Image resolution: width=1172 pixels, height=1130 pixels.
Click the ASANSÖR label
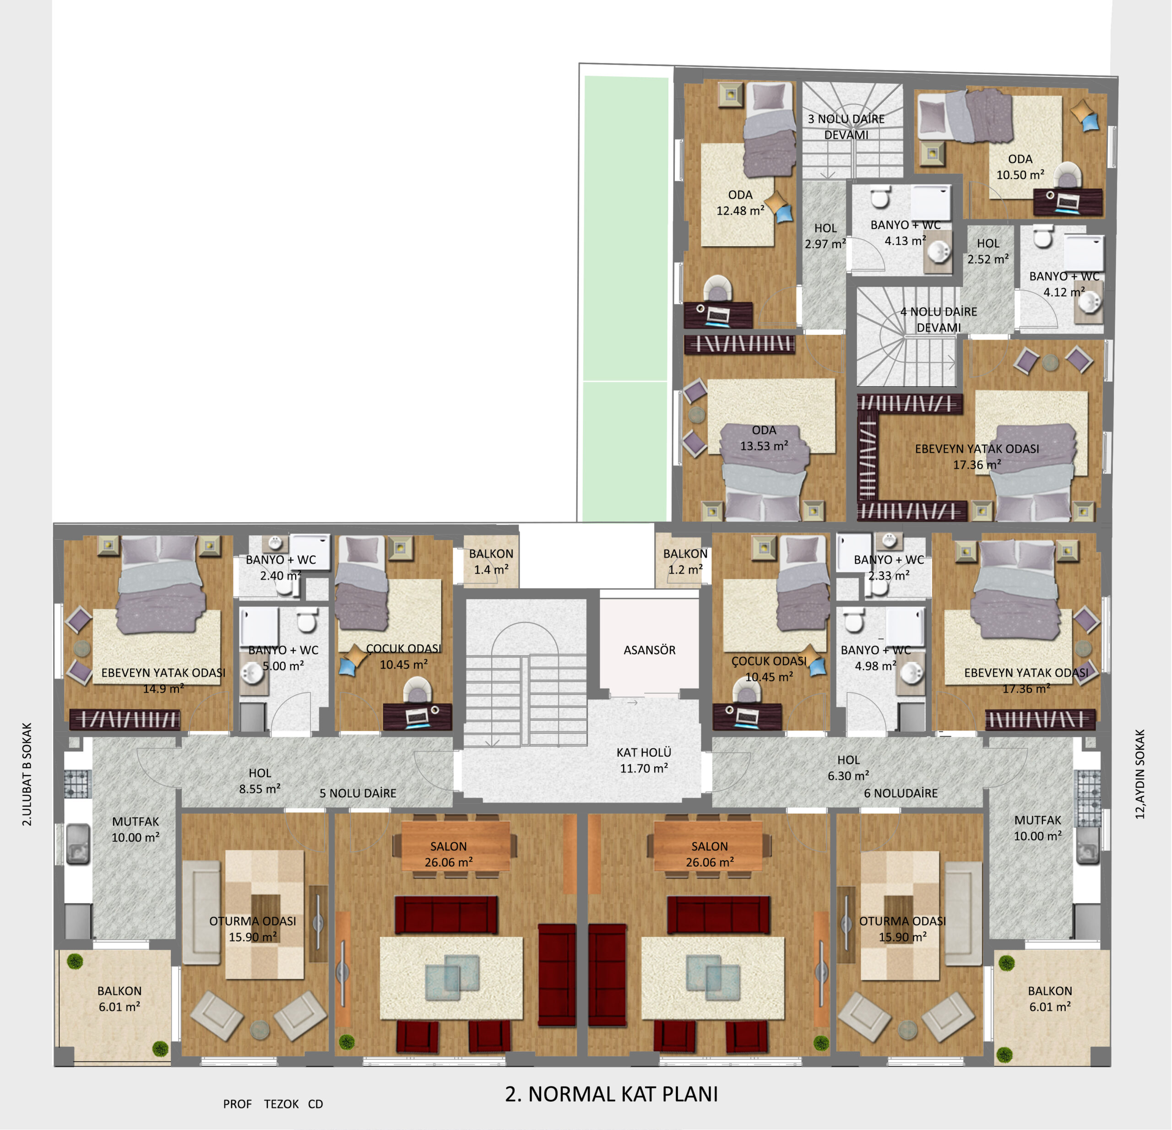[649, 650]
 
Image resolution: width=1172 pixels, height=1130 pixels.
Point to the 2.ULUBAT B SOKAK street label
[27, 775]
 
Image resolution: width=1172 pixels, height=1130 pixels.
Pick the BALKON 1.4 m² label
[491, 562]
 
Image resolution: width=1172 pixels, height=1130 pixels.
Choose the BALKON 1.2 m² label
[685, 562]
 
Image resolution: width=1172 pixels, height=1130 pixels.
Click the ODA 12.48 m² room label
[740, 203]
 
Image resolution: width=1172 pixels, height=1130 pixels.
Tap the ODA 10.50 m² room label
[1020, 167]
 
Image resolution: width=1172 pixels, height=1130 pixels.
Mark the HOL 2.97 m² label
[825, 236]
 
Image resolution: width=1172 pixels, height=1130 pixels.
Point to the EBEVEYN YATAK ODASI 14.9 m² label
[163, 681]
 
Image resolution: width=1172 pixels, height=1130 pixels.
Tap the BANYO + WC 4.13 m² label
[905, 232]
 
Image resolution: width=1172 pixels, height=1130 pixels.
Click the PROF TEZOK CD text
[273, 1104]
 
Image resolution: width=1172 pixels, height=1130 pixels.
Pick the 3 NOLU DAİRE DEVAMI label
[846, 127]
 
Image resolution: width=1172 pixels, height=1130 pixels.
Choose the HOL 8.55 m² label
[260, 781]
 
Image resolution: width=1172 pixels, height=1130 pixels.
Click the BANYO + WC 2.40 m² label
[281, 568]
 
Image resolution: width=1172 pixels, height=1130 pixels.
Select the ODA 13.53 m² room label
[764, 438]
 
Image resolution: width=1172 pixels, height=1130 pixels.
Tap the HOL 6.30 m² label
[848, 768]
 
